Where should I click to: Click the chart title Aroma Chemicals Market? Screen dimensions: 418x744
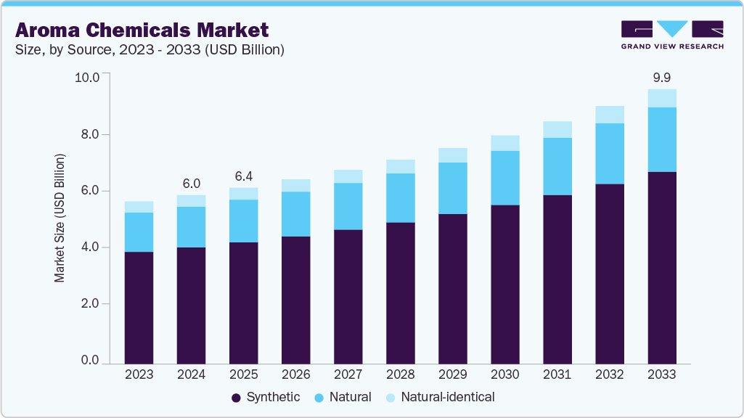[142, 30]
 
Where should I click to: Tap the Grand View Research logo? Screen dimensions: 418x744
[671, 35]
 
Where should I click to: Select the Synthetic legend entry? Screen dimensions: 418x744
[265, 397]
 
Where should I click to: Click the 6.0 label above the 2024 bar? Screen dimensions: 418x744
[192, 184]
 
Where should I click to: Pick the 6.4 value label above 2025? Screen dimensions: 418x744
[244, 176]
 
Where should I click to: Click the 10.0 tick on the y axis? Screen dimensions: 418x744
[91, 77]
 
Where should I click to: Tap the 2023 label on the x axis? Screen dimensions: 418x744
[139, 374]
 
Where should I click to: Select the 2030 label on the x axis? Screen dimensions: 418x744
[504, 374]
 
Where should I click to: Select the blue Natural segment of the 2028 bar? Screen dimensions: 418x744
[400, 197]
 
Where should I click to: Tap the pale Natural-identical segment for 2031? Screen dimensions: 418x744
[557, 129]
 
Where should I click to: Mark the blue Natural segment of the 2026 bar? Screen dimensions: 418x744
[295, 213]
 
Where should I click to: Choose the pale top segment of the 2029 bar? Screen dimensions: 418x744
[452, 155]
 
